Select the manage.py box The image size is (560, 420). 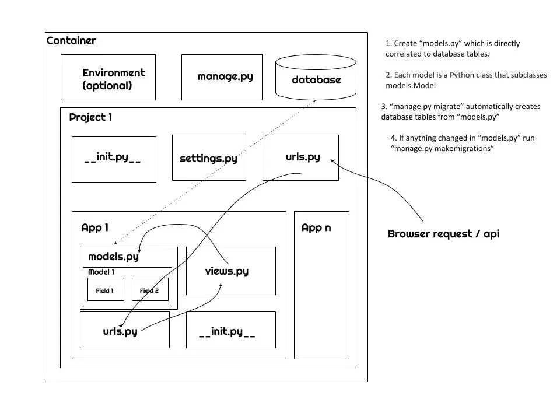(x=225, y=77)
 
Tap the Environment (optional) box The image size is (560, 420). (x=108, y=78)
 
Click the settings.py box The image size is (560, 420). (x=209, y=158)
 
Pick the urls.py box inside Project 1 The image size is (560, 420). (x=300, y=157)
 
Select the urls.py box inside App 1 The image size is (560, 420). (x=124, y=330)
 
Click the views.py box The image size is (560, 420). (x=230, y=271)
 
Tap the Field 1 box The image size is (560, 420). (x=106, y=290)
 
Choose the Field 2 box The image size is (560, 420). (x=150, y=290)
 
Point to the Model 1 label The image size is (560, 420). (x=101, y=272)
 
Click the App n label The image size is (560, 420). (x=316, y=228)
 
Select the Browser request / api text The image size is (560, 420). (x=443, y=234)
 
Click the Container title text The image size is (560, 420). (x=71, y=41)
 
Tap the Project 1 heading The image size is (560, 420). (x=90, y=117)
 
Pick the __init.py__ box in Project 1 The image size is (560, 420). (x=113, y=159)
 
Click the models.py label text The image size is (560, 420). (x=113, y=257)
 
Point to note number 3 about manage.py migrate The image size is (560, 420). (x=461, y=111)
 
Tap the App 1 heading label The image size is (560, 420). (x=95, y=228)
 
